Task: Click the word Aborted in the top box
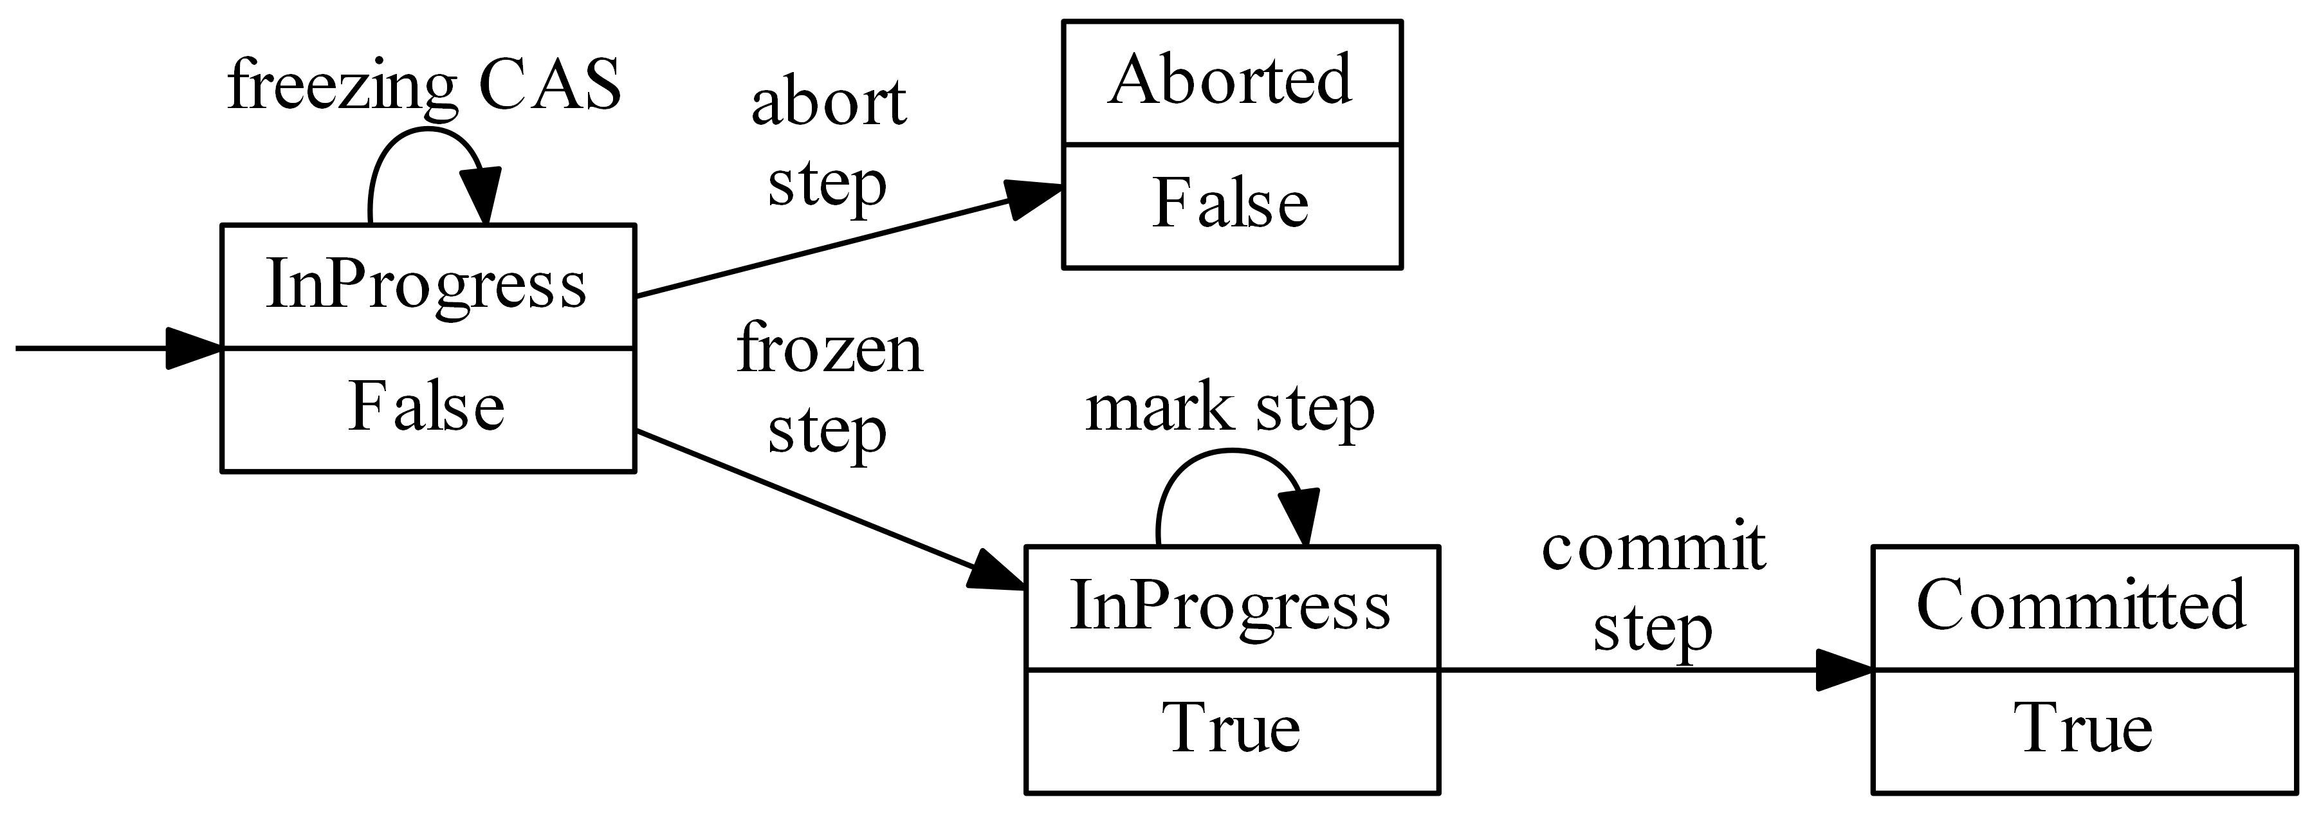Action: click(1230, 81)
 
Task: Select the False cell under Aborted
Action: click(1230, 203)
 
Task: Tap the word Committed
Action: click(2081, 605)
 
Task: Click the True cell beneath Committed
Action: click(2081, 729)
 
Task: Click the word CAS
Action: click(549, 86)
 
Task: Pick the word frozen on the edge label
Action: click(829, 349)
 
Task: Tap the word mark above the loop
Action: click(1159, 409)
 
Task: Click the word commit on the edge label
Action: click(1653, 547)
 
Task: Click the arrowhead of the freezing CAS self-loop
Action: click(481, 196)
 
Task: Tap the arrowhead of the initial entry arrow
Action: click(193, 349)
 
